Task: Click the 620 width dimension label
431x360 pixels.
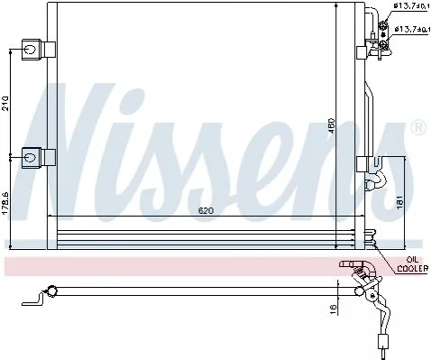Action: pyautogui.click(x=206, y=211)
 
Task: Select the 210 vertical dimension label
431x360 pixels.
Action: pyautogui.click(x=5, y=104)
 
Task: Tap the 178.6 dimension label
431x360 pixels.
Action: pyautogui.click(x=5, y=204)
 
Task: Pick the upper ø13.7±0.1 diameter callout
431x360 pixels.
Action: pyautogui.click(x=412, y=5)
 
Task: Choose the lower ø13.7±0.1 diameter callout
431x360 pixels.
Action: pyautogui.click(x=411, y=30)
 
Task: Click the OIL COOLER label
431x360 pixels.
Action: pyautogui.click(x=412, y=264)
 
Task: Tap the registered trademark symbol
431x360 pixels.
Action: pyautogui.click(x=418, y=126)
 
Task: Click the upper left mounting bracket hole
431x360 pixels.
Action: pyautogui.click(x=30, y=49)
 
